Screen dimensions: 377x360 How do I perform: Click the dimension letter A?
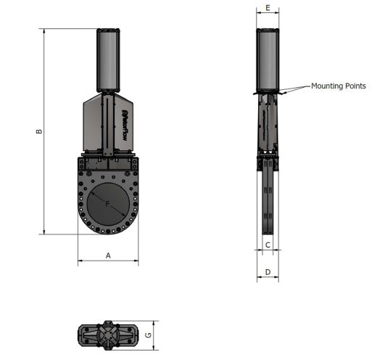pos(108,255)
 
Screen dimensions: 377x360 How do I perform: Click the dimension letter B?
pos(39,131)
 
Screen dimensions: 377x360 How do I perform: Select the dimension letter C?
pos(268,245)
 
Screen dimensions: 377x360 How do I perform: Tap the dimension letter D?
pos(268,272)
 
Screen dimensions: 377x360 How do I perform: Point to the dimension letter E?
pos(268,8)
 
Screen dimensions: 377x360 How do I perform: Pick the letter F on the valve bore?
pos(107,204)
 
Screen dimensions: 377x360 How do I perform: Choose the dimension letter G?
pos(148,335)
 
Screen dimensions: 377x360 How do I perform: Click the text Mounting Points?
pos(339,86)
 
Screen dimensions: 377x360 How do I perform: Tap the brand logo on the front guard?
pos(125,126)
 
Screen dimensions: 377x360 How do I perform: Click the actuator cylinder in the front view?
pos(108,60)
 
